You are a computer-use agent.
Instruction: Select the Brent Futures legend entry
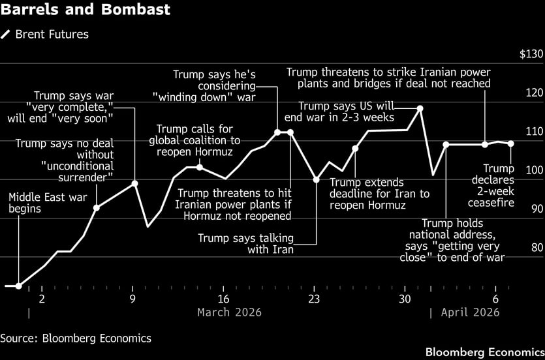point(45,35)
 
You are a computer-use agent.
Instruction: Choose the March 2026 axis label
point(229,312)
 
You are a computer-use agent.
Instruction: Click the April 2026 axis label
point(470,312)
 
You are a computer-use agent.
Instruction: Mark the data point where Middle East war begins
point(18,286)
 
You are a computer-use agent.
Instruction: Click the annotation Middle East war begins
point(25,203)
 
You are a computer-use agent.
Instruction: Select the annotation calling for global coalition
point(195,140)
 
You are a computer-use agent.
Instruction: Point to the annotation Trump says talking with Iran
point(245,244)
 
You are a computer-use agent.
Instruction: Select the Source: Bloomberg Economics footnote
point(76,338)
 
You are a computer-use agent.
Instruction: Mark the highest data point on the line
point(420,108)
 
